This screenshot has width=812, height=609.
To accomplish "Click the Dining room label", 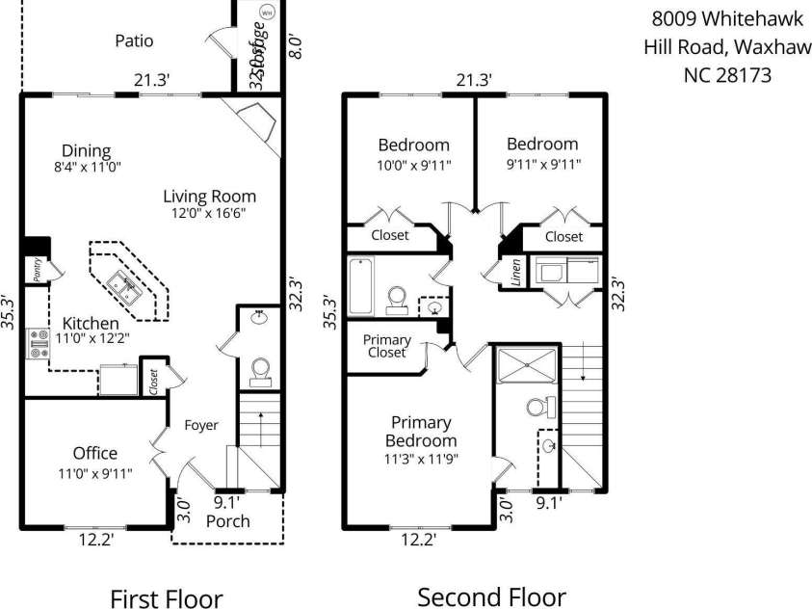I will [86, 150].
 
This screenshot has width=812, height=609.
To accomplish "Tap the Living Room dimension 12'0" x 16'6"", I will [209, 215].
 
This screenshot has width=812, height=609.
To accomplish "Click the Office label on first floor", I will [95, 453].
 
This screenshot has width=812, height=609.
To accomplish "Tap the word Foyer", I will [202, 425].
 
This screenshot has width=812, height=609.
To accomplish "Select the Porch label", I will [228, 521].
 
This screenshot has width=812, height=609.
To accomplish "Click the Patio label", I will [134, 40].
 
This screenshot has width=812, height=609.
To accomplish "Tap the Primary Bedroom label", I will [421, 432].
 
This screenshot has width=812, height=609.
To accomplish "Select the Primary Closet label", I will [386, 346].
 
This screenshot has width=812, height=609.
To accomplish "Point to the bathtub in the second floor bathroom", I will [360, 286].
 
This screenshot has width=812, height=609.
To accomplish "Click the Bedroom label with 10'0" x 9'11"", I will [413, 145].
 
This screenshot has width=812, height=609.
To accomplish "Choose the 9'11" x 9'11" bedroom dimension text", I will [543, 164].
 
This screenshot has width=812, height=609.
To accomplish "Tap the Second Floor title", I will [491, 596].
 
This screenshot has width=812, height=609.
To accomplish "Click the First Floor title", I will [166, 598].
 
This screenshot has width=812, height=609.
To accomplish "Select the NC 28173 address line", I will [726, 75].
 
